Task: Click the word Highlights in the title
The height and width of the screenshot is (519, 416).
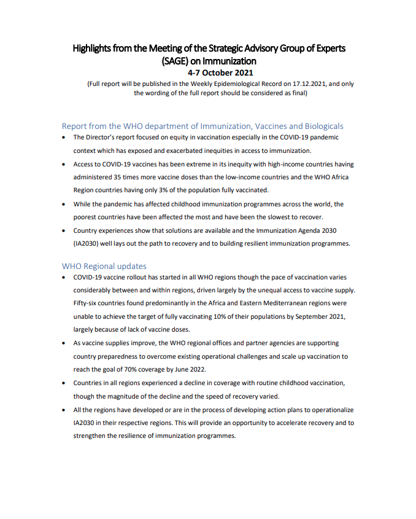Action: coord(93,48)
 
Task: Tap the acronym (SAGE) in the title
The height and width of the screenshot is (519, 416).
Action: coord(176,61)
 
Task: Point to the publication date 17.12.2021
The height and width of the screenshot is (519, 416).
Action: coord(306,84)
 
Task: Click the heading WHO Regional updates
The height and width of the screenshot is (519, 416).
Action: coord(104,266)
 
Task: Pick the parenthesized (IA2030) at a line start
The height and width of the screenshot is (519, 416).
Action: coord(87,243)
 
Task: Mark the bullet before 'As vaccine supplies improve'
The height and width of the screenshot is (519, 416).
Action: coord(64,343)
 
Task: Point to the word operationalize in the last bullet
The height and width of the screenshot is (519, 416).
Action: coord(329,410)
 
